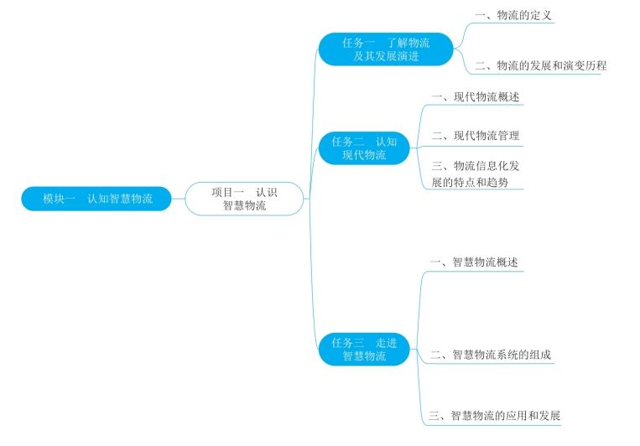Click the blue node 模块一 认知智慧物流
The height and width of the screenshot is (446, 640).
coord(96,199)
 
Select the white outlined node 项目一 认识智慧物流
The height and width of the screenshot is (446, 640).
coord(244,199)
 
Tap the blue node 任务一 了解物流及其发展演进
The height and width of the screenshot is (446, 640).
coord(385,49)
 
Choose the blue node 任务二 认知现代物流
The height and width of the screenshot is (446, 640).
coord(364,148)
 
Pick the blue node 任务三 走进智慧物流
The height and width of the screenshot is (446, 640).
coord(364,349)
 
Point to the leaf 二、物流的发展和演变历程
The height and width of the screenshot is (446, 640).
coord(539,65)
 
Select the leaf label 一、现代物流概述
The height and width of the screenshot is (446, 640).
coord(475,96)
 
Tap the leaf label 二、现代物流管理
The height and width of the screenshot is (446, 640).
coord(475,135)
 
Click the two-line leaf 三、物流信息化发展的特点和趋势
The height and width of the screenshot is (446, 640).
coord(475,174)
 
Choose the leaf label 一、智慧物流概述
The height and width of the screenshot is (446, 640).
coord(473,262)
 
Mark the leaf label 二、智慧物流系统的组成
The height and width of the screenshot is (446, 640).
coord(490,355)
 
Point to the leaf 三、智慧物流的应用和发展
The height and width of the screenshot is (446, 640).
coord(493,416)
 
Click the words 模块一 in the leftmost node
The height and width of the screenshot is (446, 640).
coord(60,199)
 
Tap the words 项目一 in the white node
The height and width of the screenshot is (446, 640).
coord(227,192)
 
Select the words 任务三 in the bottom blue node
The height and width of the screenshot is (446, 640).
coord(347,342)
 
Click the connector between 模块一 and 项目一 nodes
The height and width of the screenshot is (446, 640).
coord(178,199)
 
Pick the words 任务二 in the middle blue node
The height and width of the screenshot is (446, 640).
coord(347,142)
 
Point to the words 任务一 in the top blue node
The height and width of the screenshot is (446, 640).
coord(358,42)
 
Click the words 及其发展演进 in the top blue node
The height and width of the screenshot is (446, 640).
coord(386,56)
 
